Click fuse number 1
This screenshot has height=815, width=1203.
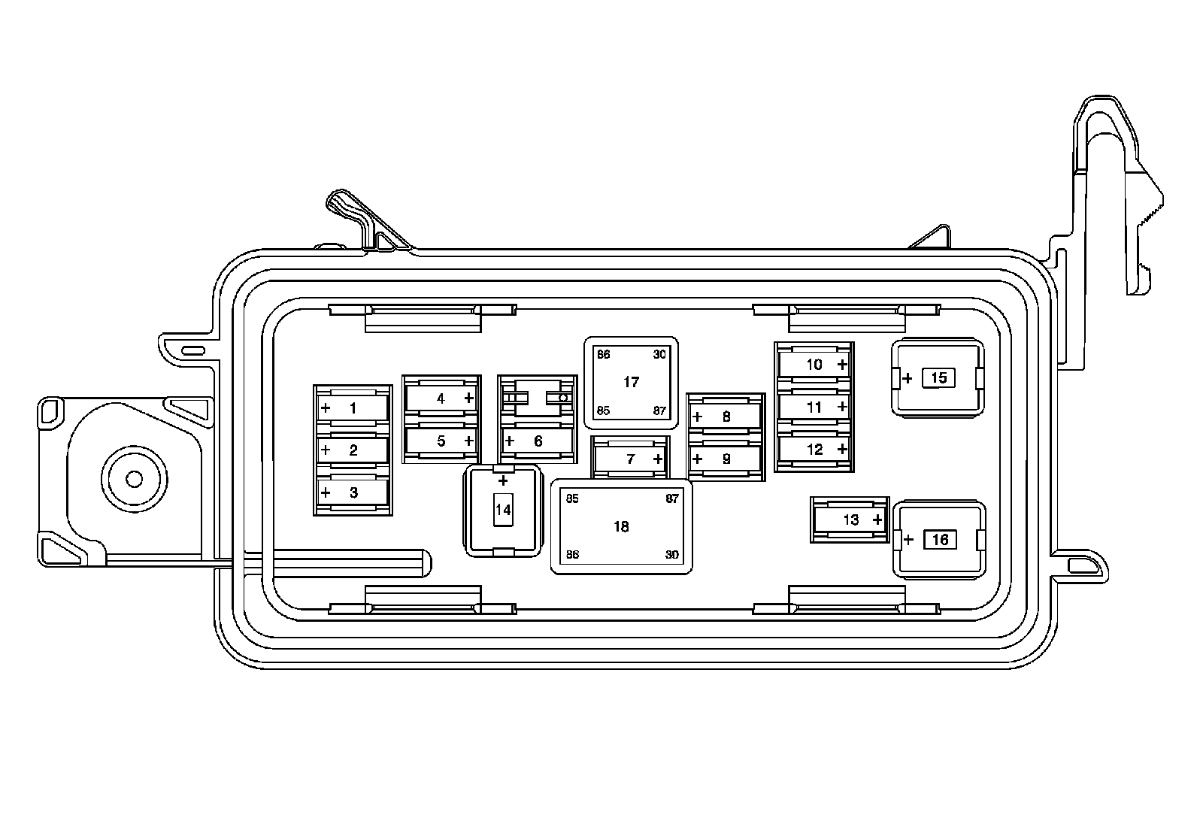(x=353, y=409)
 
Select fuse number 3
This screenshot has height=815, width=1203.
(x=353, y=493)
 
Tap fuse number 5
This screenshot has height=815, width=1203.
(x=441, y=441)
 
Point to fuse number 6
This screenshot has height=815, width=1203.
(x=538, y=441)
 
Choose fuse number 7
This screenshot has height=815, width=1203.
(x=631, y=459)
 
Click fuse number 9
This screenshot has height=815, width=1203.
(x=726, y=459)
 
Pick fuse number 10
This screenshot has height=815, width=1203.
(x=814, y=365)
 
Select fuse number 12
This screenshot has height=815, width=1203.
(x=814, y=450)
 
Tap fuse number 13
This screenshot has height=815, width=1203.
(x=850, y=520)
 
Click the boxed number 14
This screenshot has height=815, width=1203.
(x=502, y=511)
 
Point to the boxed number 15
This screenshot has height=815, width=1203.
(x=938, y=377)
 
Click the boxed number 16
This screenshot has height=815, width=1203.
(x=939, y=540)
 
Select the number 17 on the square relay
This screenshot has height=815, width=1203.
(x=631, y=382)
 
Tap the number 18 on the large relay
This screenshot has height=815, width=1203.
(x=621, y=527)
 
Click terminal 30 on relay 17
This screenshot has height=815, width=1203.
(x=659, y=355)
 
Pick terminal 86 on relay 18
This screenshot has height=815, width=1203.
(x=573, y=555)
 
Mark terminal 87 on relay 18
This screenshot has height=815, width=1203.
(x=671, y=499)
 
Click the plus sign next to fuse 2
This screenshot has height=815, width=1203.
(x=326, y=451)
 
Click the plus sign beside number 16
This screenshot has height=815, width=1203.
(x=908, y=540)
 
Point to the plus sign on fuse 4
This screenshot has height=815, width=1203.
(x=469, y=398)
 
